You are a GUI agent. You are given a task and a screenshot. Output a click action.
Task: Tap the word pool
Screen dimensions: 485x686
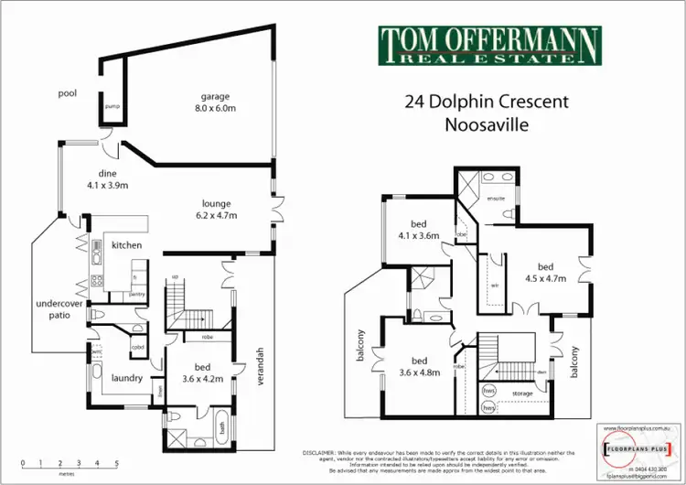pyautogui.click(x=66, y=92)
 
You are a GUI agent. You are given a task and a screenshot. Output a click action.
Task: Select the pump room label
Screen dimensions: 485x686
pyautogui.click(x=111, y=106)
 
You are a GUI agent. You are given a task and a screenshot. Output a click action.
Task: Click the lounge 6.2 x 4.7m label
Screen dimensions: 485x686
pyautogui.click(x=217, y=210)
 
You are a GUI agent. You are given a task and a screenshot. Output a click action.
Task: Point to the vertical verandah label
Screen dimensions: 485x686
pyautogui.click(x=260, y=367)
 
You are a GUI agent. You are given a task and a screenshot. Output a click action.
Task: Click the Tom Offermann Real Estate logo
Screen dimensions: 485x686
pyautogui.click(x=489, y=45)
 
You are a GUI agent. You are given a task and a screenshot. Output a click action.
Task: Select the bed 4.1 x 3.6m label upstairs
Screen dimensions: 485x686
pyautogui.click(x=420, y=230)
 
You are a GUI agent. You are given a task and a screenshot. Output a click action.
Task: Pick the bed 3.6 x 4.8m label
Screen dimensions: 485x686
pyautogui.click(x=420, y=366)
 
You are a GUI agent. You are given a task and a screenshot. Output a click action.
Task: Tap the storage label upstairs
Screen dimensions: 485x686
pyautogui.click(x=521, y=393)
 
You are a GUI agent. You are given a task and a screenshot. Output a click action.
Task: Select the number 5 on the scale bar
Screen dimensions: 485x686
pyautogui.click(x=117, y=462)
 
